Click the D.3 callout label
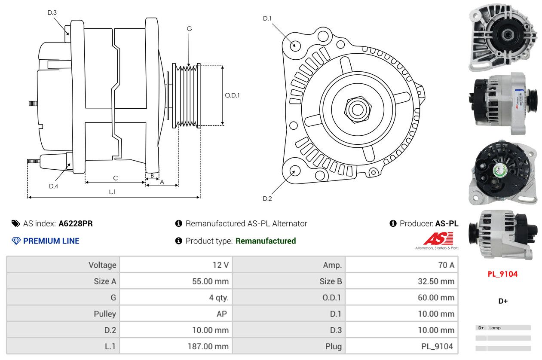pyautogui.click(x=52, y=12)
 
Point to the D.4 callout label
pyautogui.click(x=53, y=186)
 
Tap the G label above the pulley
pyautogui.click(x=189, y=29)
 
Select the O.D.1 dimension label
pyautogui.click(x=232, y=95)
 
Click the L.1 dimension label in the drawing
pyautogui.click(x=112, y=192)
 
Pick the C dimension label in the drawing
pyautogui.click(x=115, y=178)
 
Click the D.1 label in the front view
pyautogui.click(x=267, y=18)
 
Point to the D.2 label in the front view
pyautogui.click(x=267, y=198)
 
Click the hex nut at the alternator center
pyautogui.click(x=357, y=110)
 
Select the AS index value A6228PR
pyautogui.click(x=76, y=223)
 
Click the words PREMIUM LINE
pyautogui.click(x=51, y=241)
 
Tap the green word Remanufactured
pyautogui.click(x=266, y=241)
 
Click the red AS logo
pyautogui.click(x=438, y=238)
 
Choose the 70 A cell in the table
pyautogui.click(x=446, y=265)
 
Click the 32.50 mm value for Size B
pyautogui.click(x=436, y=281)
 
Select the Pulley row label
pyautogui.click(x=105, y=314)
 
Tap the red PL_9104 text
pyautogui.click(x=502, y=274)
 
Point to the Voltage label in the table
pyautogui.click(x=102, y=265)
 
